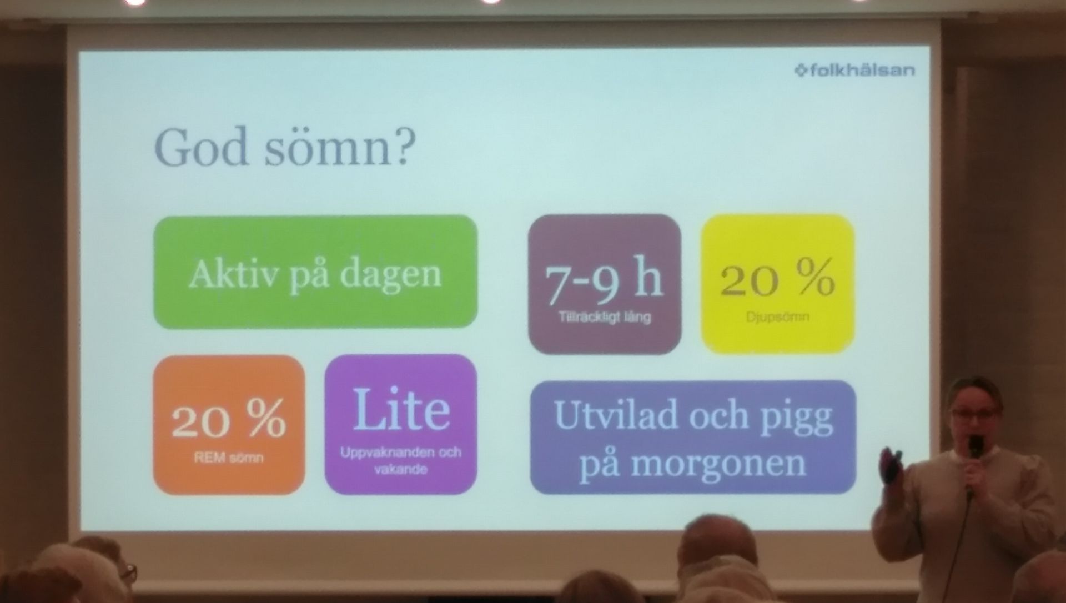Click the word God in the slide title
pyautogui.click(x=201, y=147)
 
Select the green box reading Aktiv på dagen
pyautogui.click(x=315, y=272)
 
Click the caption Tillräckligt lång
pyautogui.click(x=605, y=318)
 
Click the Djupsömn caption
pyautogui.click(x=777, y=318)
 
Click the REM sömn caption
pyautogui.click(x=229, y=459)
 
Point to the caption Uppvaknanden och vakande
pyautogui.click(x=401, y=460)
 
